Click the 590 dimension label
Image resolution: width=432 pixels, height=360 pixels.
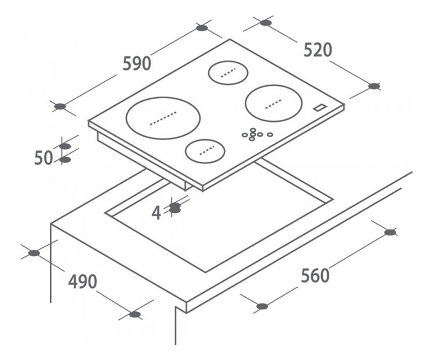coord(137,63)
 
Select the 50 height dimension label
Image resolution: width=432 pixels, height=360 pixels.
coord(44,158)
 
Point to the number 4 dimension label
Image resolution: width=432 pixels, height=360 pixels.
coord(156,213)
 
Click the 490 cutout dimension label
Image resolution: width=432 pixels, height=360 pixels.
coord(82,282)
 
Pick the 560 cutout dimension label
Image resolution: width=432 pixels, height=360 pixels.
coord(315,275)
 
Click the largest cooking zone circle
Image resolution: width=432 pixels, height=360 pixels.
coord(163,118)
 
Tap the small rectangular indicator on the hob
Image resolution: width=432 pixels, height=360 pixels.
coord(320,108)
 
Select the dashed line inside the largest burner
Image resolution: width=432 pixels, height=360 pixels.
coord(163,118)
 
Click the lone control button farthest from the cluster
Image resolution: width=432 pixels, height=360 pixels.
coord(270,135)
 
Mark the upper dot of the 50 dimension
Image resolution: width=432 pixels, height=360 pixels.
coord(65,147)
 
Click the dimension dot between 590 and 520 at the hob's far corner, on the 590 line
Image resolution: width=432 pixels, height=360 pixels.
coord(202,28)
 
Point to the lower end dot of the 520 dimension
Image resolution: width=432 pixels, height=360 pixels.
coord(374,86)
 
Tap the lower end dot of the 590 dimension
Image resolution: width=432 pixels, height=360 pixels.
coord(60,107)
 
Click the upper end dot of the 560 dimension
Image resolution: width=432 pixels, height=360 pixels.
coord(390,233)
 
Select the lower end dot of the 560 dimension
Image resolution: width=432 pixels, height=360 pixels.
coord(262,306)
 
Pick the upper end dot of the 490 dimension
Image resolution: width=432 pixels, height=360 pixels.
coord(34,253)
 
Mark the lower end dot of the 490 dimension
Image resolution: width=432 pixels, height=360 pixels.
coord(135,315)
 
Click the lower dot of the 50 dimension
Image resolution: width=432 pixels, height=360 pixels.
coord(65,160)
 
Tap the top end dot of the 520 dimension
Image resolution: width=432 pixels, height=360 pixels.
coord(266,23)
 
